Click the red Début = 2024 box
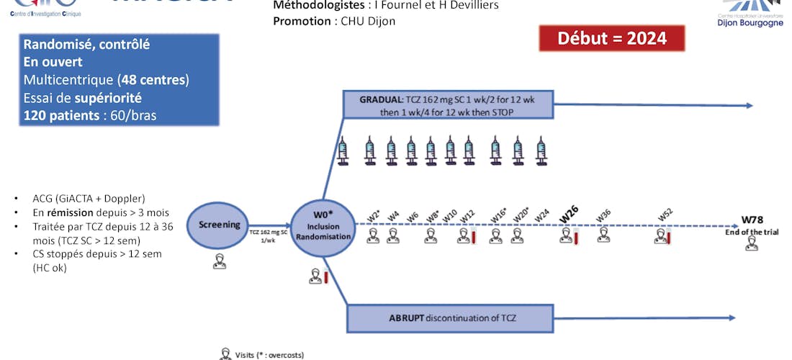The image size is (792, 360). (x=611, y=38)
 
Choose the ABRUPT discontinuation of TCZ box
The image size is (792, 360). (x=451, y=318)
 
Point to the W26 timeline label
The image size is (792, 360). (x=569, y=213)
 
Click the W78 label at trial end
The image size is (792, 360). (x=752, y=220)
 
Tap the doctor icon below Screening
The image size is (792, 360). (x=219, y=262)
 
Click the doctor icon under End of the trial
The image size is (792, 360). (x=752, y=244)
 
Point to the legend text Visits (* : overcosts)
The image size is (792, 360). (x=269, y=354)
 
